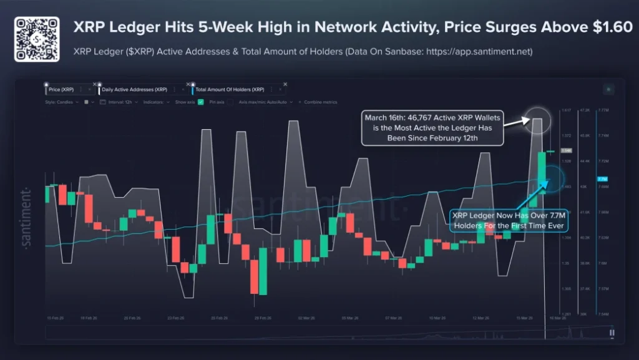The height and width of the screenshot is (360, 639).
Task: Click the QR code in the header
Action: pyautogui.click(x=36, y=39)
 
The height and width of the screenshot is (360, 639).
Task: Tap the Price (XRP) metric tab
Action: pyautogui.click(x=61, y=90)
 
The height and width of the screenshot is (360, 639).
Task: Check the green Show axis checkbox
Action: pyautogui.click(x=201, y=102)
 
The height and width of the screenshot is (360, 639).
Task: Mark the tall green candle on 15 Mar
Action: pyautogui.click(x=542, y=172)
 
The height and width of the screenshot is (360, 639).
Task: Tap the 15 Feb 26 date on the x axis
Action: pyautogui.click(x=56, y=318)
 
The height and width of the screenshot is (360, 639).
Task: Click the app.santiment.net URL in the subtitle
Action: pyautogui.click(x=480, y=52)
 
